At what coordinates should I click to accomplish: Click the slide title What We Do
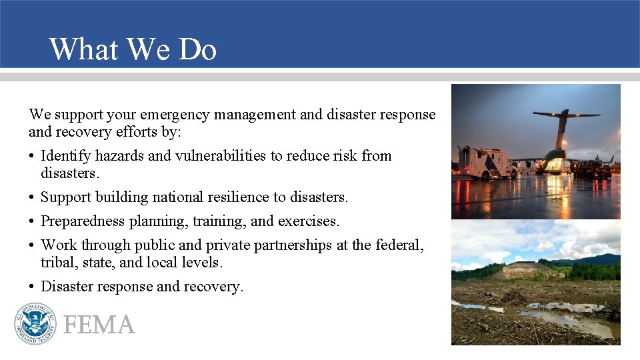click(x=133, y=49)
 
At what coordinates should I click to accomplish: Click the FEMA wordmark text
click(x=99, y=325)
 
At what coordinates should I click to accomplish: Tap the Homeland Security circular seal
click(x=35, y=323)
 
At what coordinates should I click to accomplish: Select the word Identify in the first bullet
click(x=65, y=156)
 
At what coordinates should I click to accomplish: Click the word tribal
click(x=58, y=263)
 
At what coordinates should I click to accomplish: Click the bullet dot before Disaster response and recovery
click(x=32, y=287)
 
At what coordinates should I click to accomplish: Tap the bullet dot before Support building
click(x=32, y=198)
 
